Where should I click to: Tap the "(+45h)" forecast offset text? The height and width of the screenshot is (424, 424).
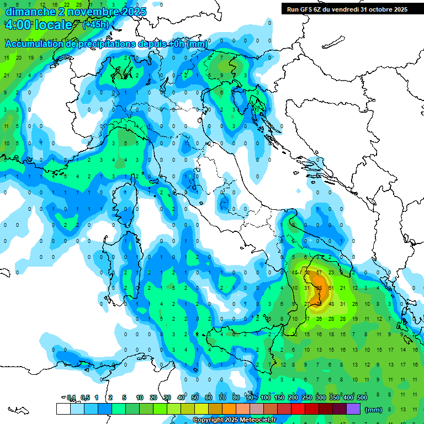click(96, 25)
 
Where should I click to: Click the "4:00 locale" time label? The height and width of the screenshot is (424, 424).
click(38, 25)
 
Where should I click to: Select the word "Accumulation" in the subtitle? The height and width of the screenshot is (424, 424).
click(33, 44)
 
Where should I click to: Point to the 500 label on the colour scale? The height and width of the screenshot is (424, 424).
click(362, 397)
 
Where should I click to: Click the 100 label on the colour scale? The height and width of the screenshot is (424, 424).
click(266, 397)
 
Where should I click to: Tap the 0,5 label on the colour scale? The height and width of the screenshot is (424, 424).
click(86, 397)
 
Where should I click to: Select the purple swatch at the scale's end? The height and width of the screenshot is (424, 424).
click(354, 409)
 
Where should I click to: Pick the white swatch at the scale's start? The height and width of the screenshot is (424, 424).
click(63, 409)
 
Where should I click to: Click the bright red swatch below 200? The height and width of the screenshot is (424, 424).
click(299, 409)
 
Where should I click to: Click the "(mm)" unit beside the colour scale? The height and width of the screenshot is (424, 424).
click(374, 410)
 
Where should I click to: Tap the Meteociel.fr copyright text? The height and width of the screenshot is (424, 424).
click(234, 420)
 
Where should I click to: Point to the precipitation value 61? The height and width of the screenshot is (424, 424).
click(331, 288)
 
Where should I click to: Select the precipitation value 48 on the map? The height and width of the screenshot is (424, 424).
click(331, 304)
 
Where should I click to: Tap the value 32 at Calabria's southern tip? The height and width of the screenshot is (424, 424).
click(295, 334)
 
